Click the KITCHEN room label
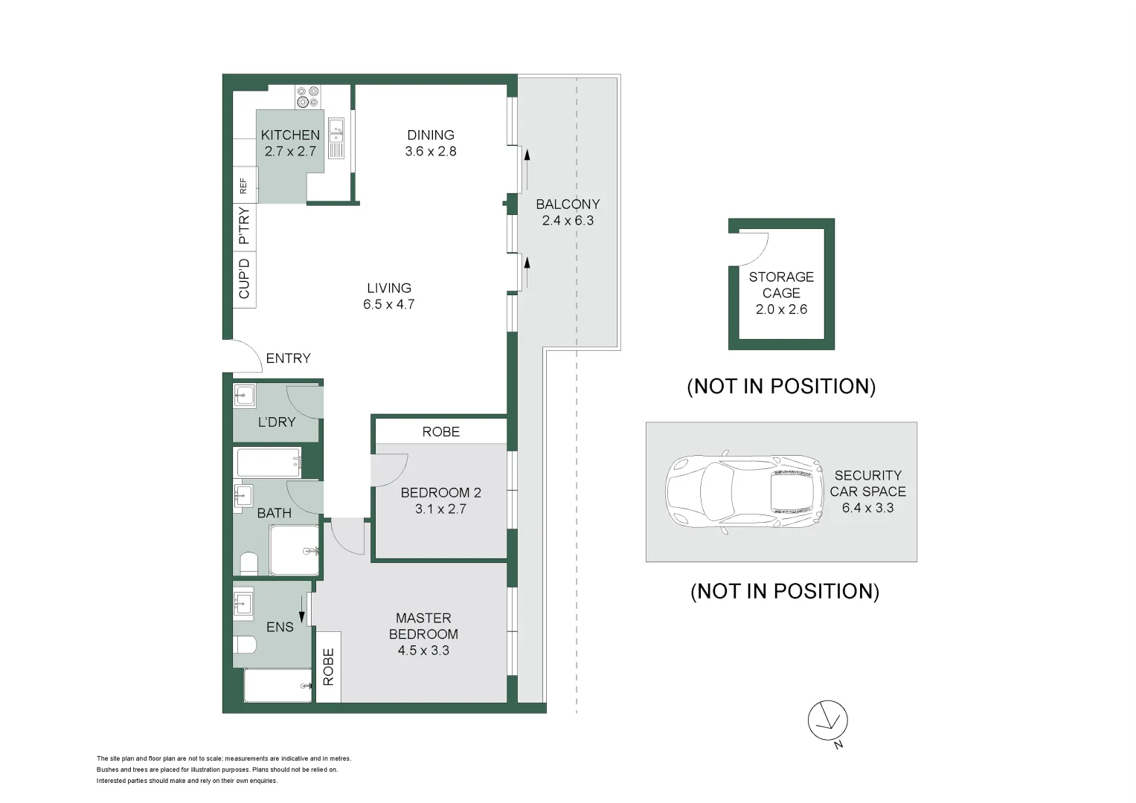[x=290, y=135]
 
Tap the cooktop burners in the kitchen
[x=308, y=97]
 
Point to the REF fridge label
[x=243, y=186]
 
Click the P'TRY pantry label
[x=244, y=225]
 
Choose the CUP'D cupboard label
[x=244, y=278]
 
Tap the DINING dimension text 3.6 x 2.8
[x=431, y=151]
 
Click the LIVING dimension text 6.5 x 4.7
[x=389, y=304]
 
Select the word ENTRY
[x=288, y=358]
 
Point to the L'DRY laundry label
[x=277, y=422]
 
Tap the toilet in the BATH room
[x=248, y=564]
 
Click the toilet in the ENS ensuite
[x=245, y=645]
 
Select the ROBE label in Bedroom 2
[x=440, y=431]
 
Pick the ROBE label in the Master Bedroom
[x=328, y=667]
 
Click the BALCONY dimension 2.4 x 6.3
[x=568, y=221]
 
